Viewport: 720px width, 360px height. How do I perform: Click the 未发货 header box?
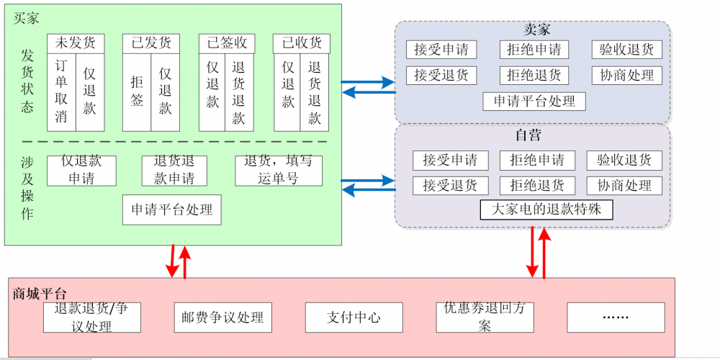pos(76,43)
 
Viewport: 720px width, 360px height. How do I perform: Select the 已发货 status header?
pos(150,43)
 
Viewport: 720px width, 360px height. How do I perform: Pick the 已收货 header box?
pos(302,43)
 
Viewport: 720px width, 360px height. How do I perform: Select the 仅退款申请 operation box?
pos(81,171)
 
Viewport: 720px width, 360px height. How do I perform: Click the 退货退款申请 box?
pos(174,171)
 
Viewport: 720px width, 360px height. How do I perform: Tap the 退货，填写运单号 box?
pos(279,171)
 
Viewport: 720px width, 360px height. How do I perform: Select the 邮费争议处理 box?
pos(222,318)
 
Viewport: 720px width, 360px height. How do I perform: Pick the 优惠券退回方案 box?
pos(485,318)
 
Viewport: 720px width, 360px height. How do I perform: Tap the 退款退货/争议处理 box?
pos(91,318)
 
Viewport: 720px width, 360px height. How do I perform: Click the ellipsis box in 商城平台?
pos(616,318)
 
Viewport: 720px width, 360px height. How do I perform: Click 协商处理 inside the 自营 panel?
pos(624,185)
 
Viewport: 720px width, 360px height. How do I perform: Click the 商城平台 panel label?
pos(40,293)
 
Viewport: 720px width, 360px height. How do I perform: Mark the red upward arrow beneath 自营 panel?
pos(544,252)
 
